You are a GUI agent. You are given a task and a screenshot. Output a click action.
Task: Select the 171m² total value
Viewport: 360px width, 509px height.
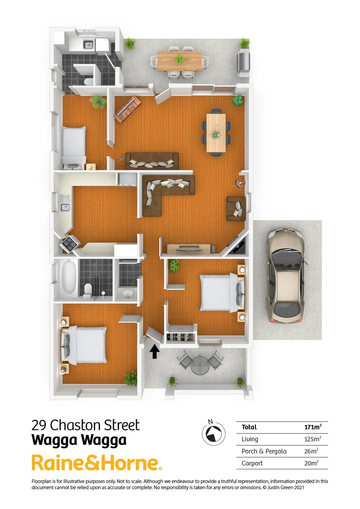click(312, 427)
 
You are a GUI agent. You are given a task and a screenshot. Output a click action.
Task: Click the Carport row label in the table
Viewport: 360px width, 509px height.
click(252, 463)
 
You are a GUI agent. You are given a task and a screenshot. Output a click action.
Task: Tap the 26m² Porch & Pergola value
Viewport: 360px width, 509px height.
click(312, 451)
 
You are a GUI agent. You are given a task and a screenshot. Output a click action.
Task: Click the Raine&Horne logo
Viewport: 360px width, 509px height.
click(97, 462)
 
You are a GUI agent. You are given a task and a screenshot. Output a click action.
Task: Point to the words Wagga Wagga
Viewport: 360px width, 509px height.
click(79, 440)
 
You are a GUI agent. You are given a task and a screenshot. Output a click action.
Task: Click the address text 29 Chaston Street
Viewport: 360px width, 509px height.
click(85, 425)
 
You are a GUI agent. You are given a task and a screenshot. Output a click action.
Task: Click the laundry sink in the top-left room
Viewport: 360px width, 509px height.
click(88, 45)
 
